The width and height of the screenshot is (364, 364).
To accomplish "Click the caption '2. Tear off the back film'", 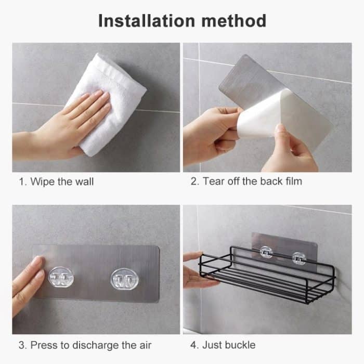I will [x=246, y=181].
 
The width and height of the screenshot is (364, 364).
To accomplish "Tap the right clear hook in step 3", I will [x=123, y=279].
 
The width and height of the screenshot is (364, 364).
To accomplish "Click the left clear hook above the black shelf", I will [x=267, y=252].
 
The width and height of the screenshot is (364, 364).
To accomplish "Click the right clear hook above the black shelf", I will [x=298, y=257].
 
